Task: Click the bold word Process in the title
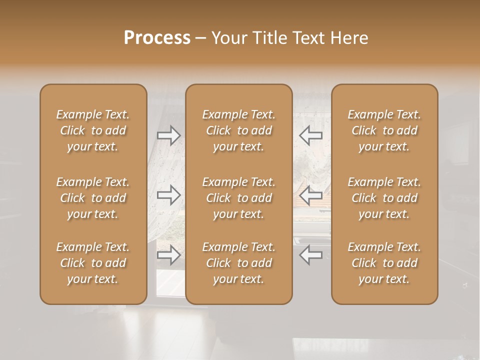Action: (157, 38)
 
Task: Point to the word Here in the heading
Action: (349, 38)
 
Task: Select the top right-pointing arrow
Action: (169, 135)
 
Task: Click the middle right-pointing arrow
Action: (169, 195)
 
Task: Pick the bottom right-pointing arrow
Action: (169, 255)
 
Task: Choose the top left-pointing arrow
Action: (310, 135)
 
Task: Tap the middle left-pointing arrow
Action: (310, 195)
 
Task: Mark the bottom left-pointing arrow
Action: (310, 255)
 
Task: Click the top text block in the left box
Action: (93, 130)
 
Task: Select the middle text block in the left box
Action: (93, 198)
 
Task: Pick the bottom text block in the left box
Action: (93, 263)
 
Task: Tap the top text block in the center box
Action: (239, 130)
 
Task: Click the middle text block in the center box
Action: (239, 198)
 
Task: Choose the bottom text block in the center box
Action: (239, 263)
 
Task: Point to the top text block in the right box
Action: (384, 130)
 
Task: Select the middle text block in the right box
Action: (384, 198)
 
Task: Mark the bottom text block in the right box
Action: (384, 263)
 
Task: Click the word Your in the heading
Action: (227, 38)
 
